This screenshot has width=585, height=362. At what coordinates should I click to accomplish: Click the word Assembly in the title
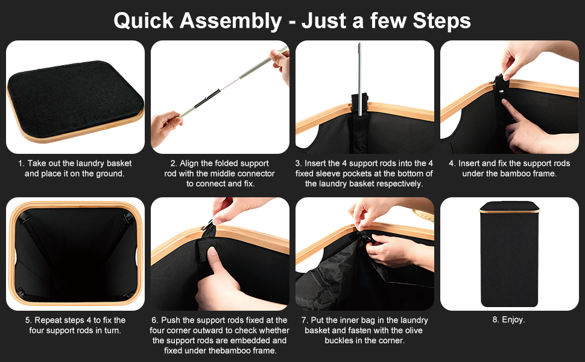[x=230, y=21]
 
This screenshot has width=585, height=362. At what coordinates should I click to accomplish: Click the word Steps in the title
[x=441, y=21]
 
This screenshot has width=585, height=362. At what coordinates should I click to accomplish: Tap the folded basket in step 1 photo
[x=75, y=101]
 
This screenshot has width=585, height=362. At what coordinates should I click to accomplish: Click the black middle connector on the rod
[x=206, y=98]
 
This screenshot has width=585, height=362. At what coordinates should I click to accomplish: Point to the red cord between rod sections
[x=229, y=84]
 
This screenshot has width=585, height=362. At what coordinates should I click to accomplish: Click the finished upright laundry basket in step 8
[x=509, y=254]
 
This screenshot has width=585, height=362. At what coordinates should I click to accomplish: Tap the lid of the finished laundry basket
[x=509, y=207]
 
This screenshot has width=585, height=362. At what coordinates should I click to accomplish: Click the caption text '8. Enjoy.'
[x=508, y=319]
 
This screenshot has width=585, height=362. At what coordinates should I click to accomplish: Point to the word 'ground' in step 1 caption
[x=110, y=174]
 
